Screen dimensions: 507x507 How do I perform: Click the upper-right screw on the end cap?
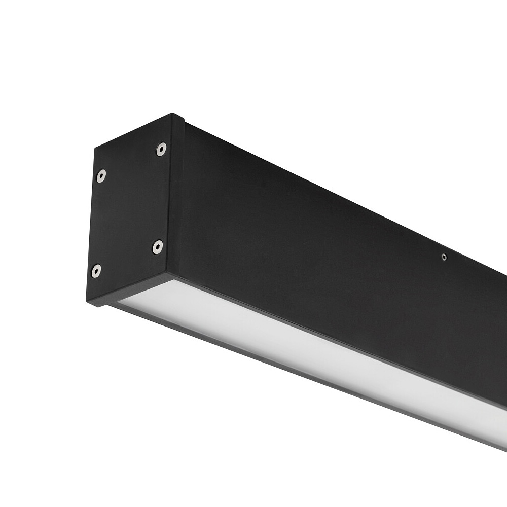pos(161,149)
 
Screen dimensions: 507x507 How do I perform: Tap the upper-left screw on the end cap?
pos(101,175)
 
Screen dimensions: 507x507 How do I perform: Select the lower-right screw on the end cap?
pos(158,247)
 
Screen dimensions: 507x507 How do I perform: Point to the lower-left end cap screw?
pos(96,271)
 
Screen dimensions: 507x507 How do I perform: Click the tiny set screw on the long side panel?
pos(444,258)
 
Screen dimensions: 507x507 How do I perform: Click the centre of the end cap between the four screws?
pos(129,210)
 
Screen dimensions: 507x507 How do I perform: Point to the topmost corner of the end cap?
pos(172,114)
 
